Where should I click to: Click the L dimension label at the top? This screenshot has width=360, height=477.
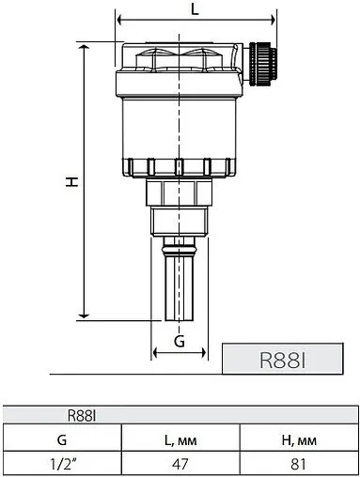pos(195,9)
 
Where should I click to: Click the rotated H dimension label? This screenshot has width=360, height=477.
pos(71,181)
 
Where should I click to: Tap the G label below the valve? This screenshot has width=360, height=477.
pos(180,341)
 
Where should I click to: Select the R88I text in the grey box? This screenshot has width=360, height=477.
pos(282,360)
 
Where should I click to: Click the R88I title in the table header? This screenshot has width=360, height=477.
pos(82,416)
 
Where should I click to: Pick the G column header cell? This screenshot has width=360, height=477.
pos(62,439)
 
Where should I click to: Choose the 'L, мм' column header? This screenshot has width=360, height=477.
pos(180,440)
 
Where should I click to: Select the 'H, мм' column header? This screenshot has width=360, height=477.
pos(299,440)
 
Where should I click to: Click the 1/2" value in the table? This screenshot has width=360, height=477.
pos(63,464)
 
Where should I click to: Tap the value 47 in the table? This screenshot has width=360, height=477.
pos(180,464)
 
